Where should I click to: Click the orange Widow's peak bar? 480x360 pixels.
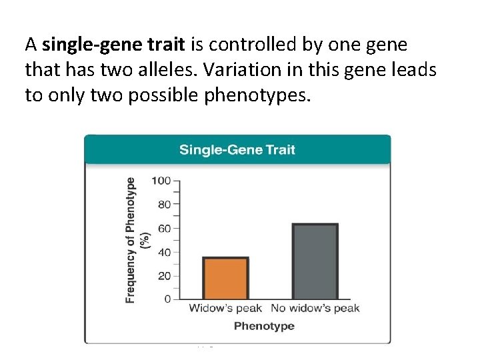tap(225, 279)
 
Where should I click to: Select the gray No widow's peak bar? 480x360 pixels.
tap(315, 261)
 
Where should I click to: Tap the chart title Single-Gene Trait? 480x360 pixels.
tap(237, 149)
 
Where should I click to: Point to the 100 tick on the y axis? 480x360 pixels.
tap(161, 181)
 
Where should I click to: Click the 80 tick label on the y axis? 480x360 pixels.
tap(164, 205)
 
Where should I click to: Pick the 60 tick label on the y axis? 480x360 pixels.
tap(164, 229)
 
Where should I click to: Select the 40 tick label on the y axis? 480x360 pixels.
tap(164, 253)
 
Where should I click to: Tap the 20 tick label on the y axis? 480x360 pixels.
tap(164, 276)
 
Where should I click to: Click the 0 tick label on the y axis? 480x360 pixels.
tap(167, 299)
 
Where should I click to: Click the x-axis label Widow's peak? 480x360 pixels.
tap(227, 308)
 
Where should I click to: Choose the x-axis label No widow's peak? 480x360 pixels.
tap(315, 308)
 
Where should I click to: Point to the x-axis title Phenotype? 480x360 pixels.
tap(265, 326)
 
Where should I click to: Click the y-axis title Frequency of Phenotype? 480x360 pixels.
tap(131, 240)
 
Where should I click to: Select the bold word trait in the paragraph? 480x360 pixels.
tap(163, 45)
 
